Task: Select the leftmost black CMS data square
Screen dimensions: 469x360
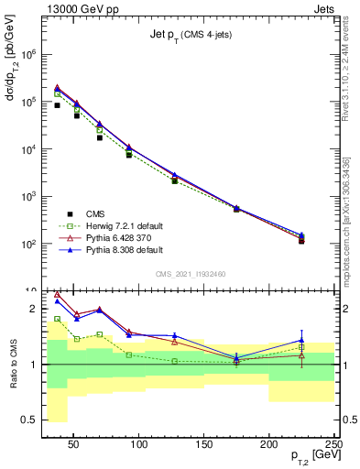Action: click(57, 105)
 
